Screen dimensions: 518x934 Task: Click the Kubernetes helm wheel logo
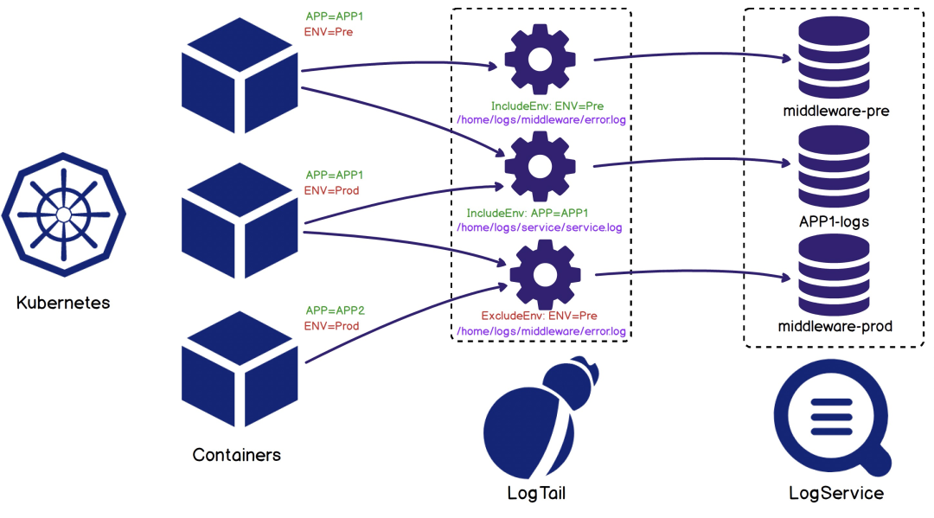coord(63,214)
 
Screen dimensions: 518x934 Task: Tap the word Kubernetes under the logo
coord(63,304)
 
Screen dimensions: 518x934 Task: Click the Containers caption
coord(236,455)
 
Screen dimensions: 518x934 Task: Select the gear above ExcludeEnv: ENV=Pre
coord(544,274)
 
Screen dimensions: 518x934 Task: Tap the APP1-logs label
coord(835,221)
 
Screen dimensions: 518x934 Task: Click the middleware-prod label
coord(835,327)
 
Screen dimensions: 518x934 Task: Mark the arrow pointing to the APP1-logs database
coord(692,160)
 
